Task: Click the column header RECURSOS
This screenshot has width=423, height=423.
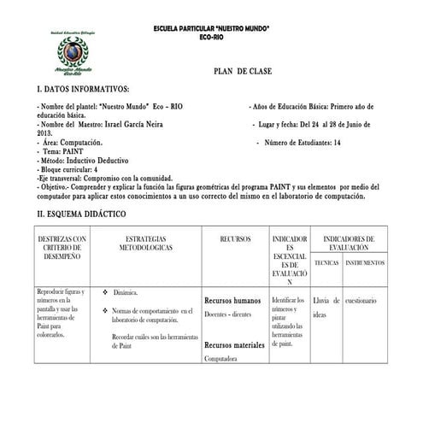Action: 234,238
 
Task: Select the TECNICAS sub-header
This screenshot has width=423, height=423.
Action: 326,262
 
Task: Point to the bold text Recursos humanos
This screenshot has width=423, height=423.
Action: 232,301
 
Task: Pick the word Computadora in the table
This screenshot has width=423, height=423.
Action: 220,359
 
